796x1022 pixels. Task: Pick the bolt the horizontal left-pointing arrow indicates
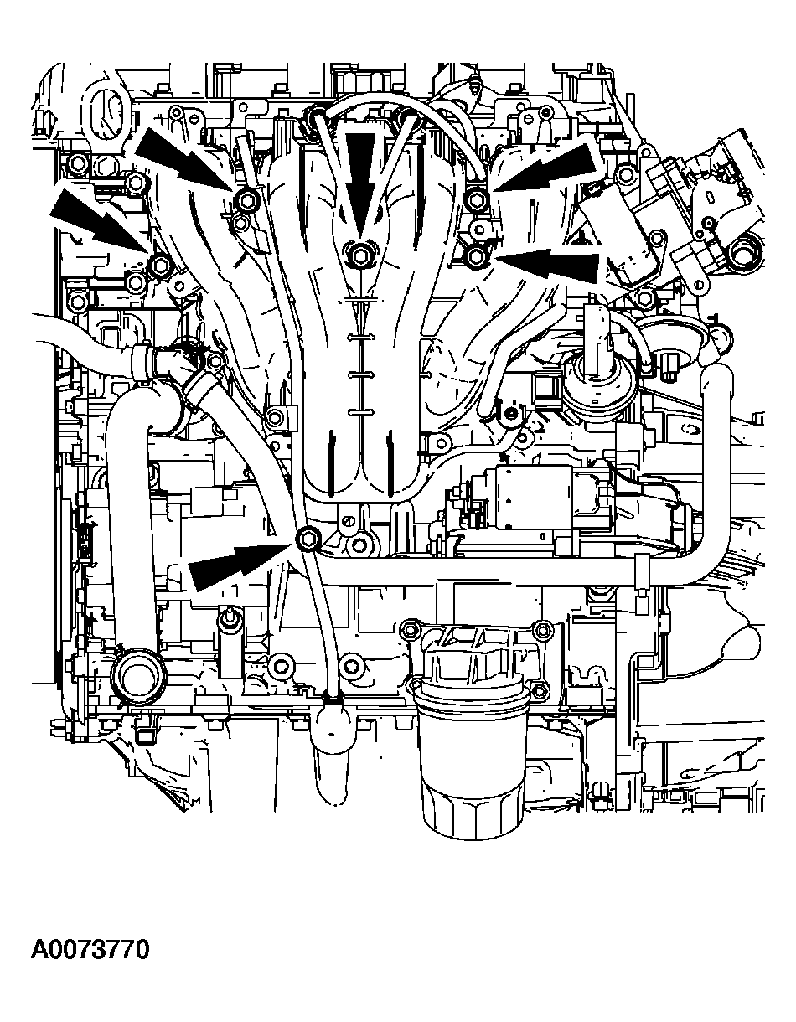tap(478, 255)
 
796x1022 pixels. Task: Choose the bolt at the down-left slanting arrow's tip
tap(474, 199)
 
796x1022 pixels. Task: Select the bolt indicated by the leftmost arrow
tap(161, 266)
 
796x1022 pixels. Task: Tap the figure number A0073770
tap(90, 950)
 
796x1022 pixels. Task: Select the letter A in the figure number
tap(40, 950)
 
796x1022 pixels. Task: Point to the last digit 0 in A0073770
tap(141, 950)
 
